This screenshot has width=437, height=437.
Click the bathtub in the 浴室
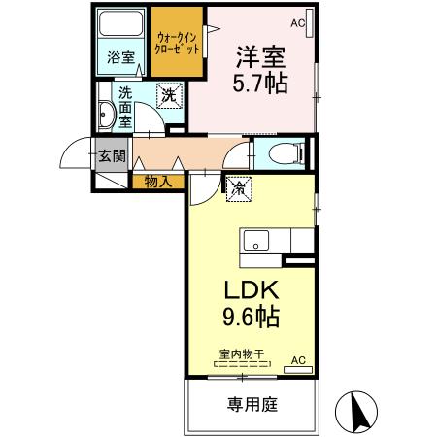(120, 23)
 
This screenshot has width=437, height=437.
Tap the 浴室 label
(120, 58)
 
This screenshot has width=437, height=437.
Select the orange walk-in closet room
(177, 42)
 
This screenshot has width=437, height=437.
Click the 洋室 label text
(260, 57)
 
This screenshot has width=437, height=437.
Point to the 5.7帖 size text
(260, 84)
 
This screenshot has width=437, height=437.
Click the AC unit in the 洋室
(309, 23)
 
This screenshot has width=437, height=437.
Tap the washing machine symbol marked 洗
(169, 95)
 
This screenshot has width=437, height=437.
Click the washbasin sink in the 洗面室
(107, 115)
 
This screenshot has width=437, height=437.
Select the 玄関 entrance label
(112, 156)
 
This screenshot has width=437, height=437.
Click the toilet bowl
(286, 153)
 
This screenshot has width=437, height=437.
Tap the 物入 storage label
(158, 182)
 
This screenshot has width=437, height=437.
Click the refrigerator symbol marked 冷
(239, 188)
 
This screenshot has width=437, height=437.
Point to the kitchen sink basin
(256, 241)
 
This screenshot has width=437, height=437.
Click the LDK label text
(252, 290)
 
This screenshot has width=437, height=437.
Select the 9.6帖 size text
(252, 317)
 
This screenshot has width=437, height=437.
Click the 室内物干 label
(242, 353)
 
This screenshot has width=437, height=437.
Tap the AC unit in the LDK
(298, 370)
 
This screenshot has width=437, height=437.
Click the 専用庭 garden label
(252, 404)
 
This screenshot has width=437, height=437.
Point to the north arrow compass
(356, 412)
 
